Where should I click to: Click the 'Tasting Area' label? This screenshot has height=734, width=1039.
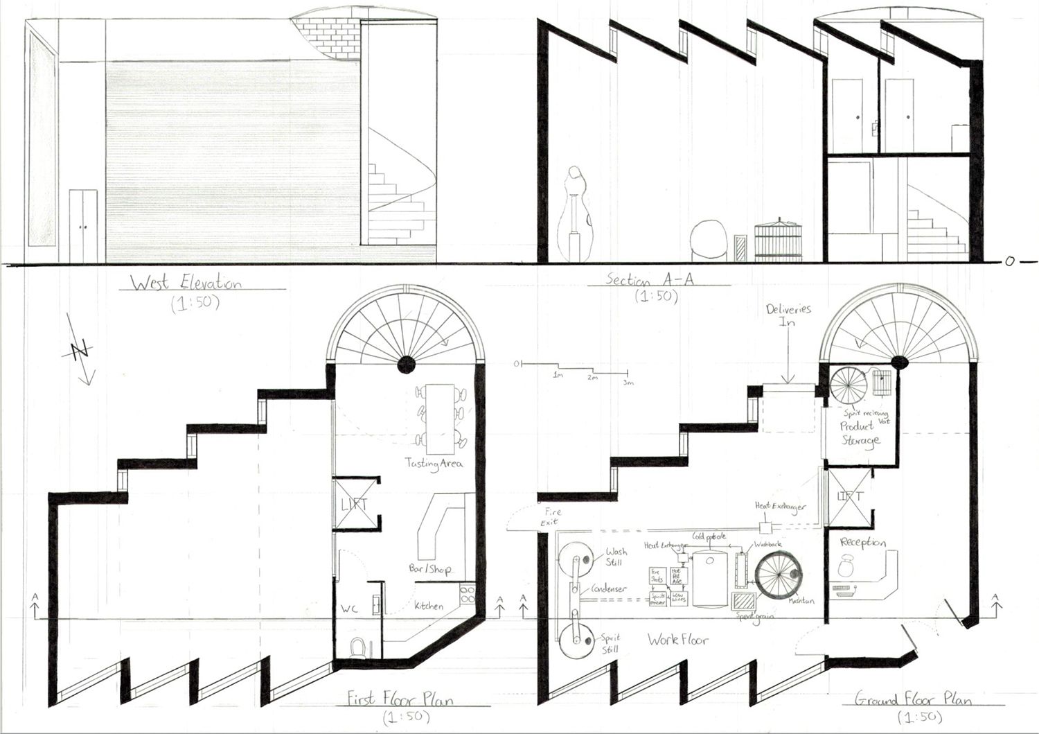pyautogui.click(x=434, y=463)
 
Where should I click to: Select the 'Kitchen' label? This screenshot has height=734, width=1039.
pyautogui.click(x=429, y=606)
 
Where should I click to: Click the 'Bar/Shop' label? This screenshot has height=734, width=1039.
pyautogui.click(x=430, y=569)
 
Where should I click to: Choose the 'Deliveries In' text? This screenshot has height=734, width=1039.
pyautogui.click(x=788, y=316)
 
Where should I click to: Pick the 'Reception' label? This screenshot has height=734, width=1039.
pyautogui.click(x=863, y=542)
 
